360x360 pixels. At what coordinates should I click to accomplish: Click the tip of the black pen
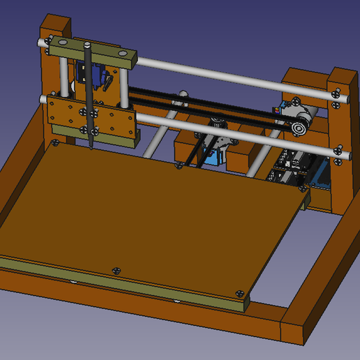[x=91, y=147]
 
